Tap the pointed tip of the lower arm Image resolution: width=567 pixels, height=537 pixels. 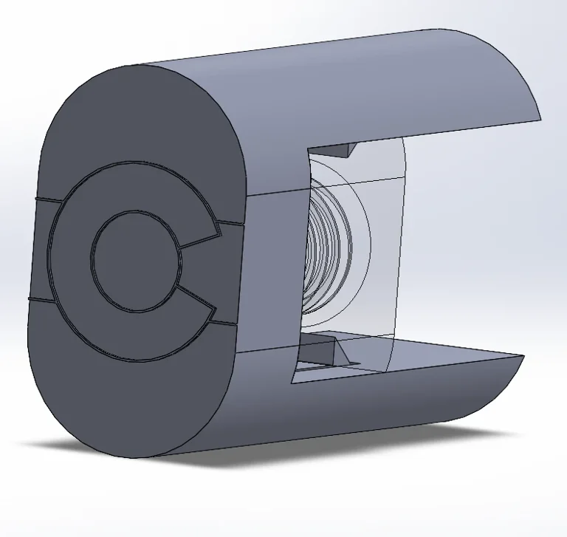(523, 358)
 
